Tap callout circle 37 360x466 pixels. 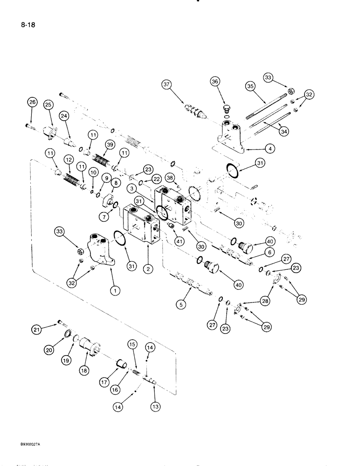coord(179,84)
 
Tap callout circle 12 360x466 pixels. coord(69,160)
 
